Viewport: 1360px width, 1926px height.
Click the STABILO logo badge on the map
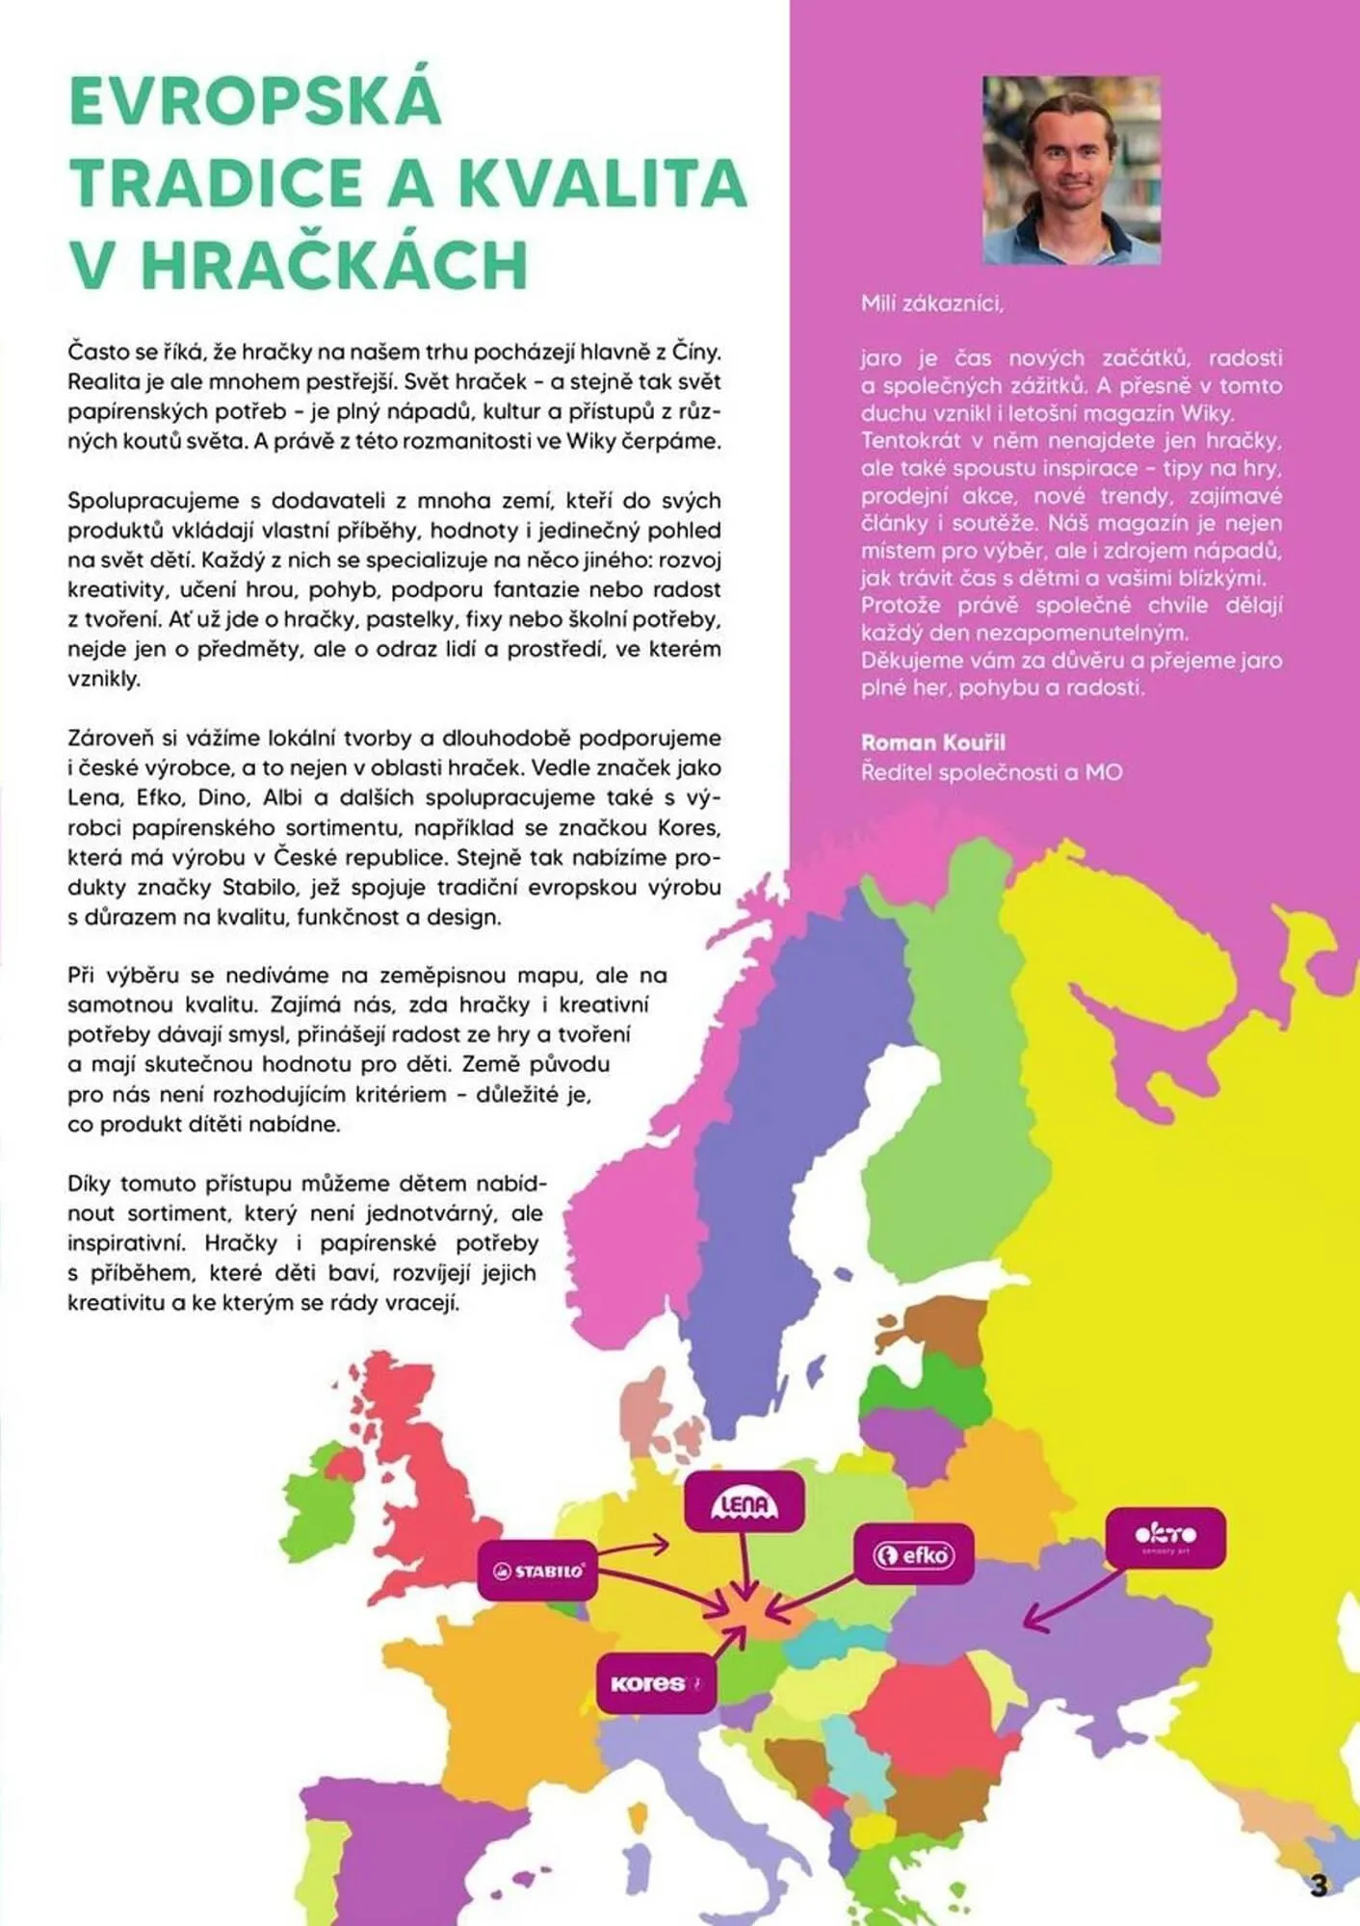point(537,1571)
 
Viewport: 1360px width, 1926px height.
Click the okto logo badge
point(1165,1537)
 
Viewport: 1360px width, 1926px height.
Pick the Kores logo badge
point(655,1683)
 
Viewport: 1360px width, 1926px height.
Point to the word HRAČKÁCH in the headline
point(335,265)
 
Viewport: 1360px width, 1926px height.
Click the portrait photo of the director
point(1071,169)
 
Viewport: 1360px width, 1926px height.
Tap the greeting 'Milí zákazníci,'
point(932,304)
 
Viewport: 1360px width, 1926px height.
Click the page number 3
point(1319,1885)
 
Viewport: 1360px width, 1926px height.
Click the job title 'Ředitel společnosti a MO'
point(991,772)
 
